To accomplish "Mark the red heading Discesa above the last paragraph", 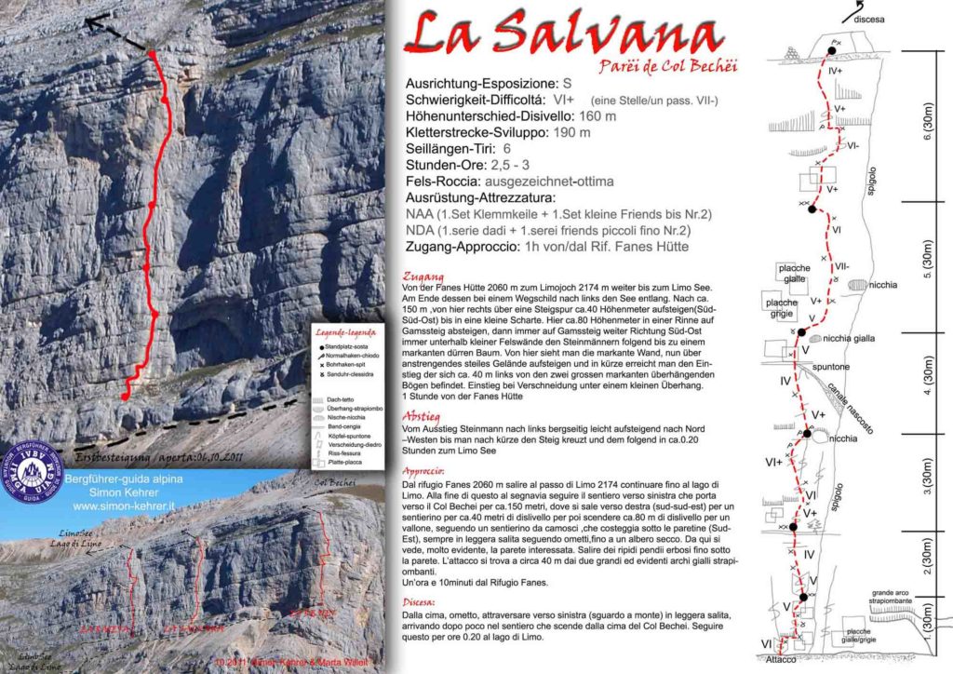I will (x=420, y=600).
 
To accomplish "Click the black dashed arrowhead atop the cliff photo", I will (x=92, y=23).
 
